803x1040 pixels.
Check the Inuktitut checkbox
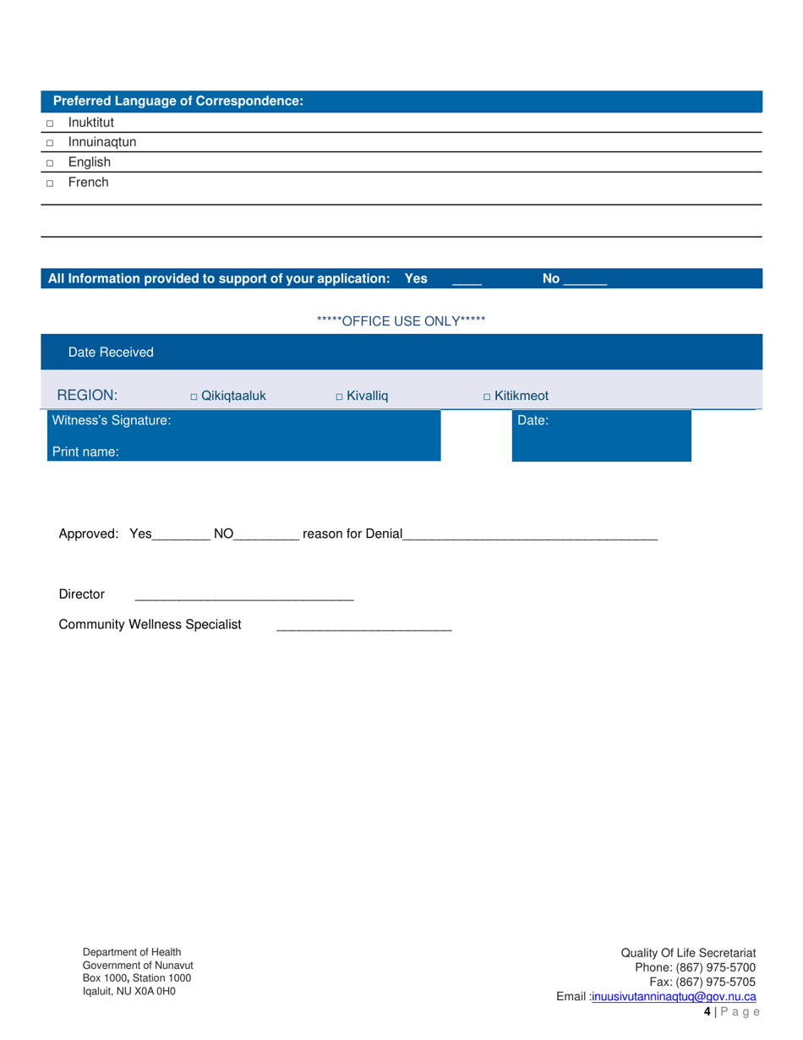pos(50,123)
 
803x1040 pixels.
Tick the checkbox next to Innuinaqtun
pos(50,143)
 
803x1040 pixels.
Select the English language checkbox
pos(50,163)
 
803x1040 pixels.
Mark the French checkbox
pos(50,183)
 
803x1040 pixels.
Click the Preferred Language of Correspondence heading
pos(178,101)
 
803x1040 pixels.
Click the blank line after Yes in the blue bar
pos(467,280)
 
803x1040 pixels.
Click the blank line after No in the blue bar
pos(585,280)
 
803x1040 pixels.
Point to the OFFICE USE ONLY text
pos(401,321)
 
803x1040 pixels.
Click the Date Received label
pos(111,352)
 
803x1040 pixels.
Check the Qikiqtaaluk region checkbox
pos(194,397)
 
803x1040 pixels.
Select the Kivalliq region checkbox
pos(339,397)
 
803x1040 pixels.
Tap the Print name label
pos(85,452)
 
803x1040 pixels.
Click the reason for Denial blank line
pos(530,535)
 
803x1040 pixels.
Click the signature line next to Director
pos(243,596)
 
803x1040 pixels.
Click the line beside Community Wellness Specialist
pos(364,627)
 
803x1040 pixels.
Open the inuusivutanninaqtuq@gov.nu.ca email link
pos(674,997)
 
